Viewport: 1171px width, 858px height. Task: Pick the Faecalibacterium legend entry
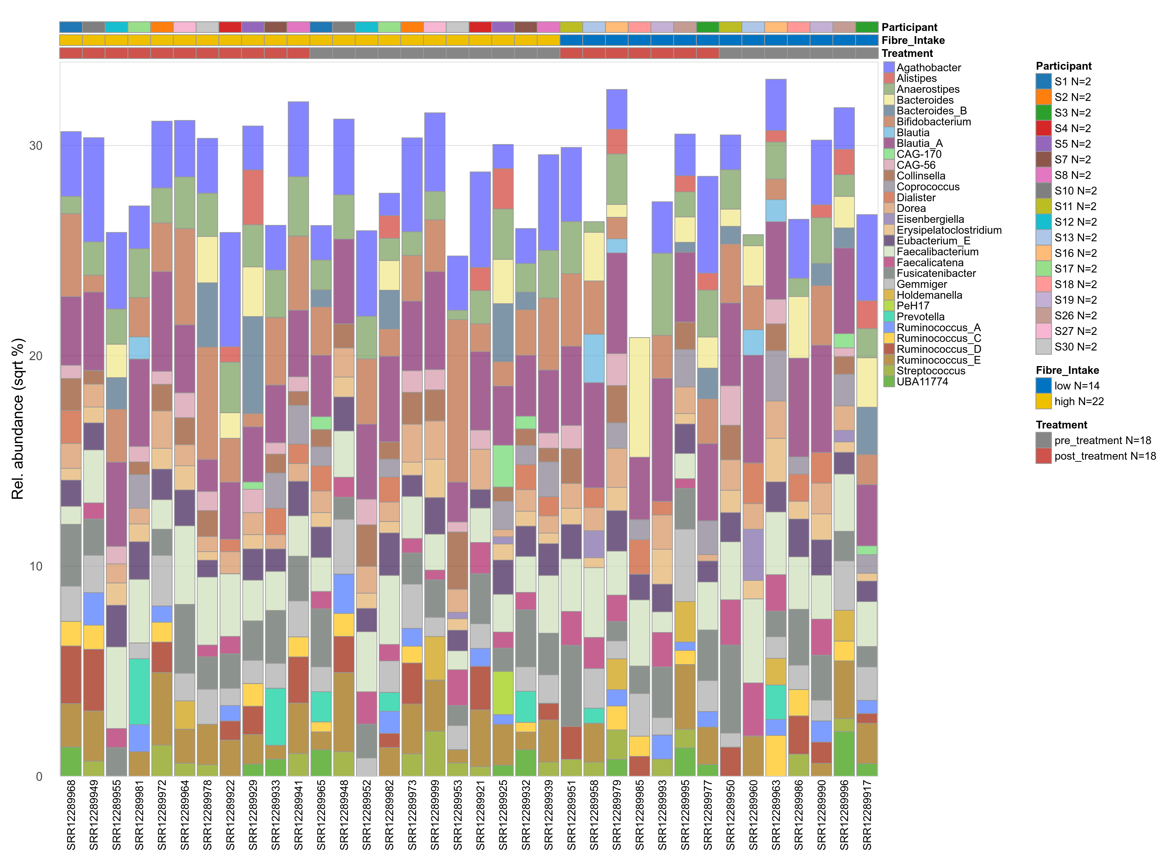pyautogui.click(x=937, y=252)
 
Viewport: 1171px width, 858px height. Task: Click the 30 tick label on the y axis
pyautogui.click(x=35, y=145)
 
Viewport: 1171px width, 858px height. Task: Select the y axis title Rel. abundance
pyautogui.click(x=18, y=419)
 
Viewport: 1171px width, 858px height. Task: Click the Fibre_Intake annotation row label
pyautogui.click(x=913, y=41)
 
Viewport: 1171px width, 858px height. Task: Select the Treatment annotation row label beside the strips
pyautogui.click(x=907, y=54)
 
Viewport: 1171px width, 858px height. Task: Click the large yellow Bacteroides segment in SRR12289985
pyautogui.click(x=639, y=397)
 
